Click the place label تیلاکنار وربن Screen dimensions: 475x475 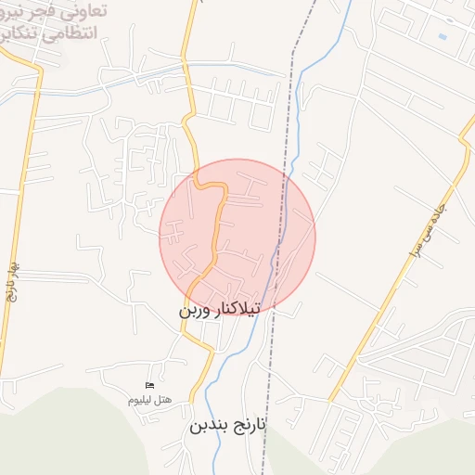point(220,309)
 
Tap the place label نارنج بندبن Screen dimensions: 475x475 point(227,426)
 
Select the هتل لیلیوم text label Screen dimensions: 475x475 point(149,399)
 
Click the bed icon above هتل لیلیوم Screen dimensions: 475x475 point(149,385)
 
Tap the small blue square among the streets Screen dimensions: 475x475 point(442,36)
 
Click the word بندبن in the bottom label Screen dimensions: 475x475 point(208,426)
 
